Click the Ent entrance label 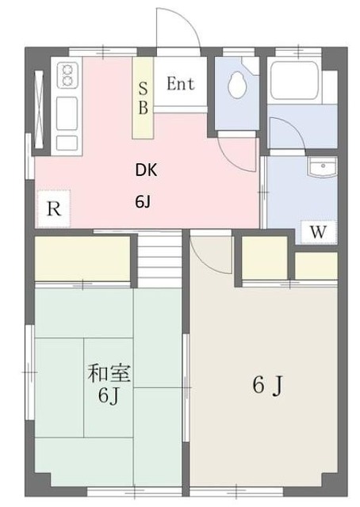[182, 83]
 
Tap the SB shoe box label [143, 97]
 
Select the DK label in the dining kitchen [144, 169]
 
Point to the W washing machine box [319, 231]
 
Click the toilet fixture [238, 86]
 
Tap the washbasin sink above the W [322, 170]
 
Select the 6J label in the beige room [267, 386]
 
